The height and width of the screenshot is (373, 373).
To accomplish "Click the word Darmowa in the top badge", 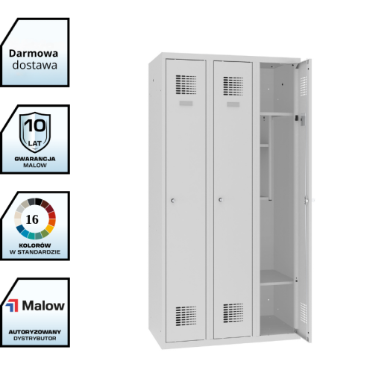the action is (x=34, y=54).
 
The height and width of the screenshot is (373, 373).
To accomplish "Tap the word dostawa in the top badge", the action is (x=35, y=65).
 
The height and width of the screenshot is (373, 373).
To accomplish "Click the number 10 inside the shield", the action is (x=35, y=125).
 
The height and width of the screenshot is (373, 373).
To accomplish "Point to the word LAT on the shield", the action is (x=35, y=143).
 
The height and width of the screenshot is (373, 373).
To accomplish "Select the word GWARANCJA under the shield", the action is (x=35, y=159).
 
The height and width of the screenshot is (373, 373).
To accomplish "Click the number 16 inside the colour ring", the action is (x=32, y=219).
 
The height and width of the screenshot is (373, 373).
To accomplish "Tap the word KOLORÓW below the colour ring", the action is (x=35, y=245).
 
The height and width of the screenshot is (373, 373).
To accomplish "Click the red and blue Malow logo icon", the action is (x=12, y=306).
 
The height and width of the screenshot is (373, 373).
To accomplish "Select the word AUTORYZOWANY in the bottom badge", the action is (x=35, y=332).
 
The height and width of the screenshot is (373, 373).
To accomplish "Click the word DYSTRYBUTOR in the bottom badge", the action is (x=35, y=339).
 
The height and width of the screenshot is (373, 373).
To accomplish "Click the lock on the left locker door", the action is (x=173, y=201).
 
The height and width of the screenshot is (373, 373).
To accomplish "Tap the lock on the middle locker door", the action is (x=221, y=200).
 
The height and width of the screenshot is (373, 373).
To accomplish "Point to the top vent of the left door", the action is (x=186, y=84).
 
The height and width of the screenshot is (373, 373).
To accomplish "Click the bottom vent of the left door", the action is (x=186, y=316).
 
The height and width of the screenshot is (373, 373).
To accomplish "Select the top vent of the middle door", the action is (x=233, y=86).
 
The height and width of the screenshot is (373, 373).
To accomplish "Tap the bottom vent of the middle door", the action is (x=233, y=313).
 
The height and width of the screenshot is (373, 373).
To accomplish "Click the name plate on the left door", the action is (x=186, y=103).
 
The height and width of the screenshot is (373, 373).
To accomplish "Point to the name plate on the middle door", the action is (x=233, y=104).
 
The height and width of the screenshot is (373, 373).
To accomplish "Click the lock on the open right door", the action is (x=307, y=200).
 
